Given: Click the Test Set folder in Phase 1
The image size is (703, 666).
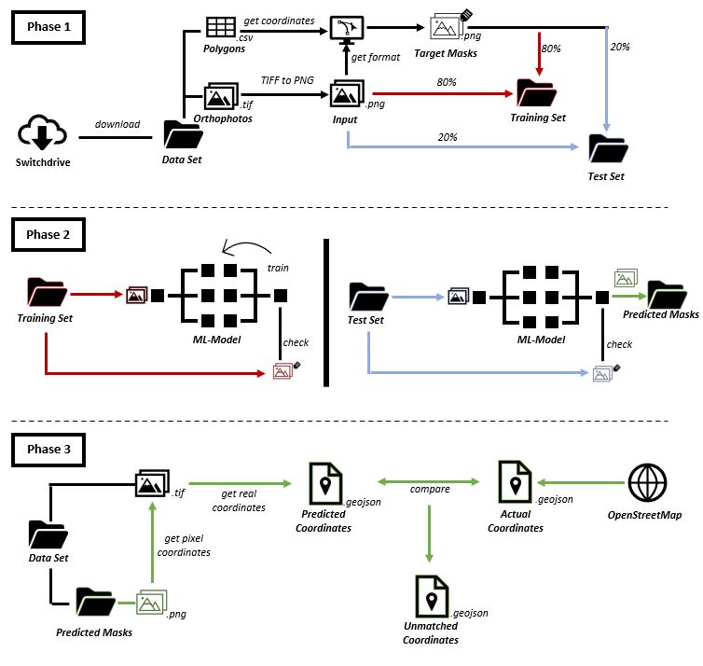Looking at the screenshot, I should coord(608,148).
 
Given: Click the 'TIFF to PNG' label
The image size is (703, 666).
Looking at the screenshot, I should coord(286,82).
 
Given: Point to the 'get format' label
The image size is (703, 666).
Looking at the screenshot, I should coord(377,58).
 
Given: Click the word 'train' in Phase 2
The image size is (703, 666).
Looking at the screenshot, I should coord(278,268).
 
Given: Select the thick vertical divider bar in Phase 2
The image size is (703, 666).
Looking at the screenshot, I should coord(327,312).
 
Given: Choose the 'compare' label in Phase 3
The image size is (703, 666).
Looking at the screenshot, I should coord(429,488).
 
